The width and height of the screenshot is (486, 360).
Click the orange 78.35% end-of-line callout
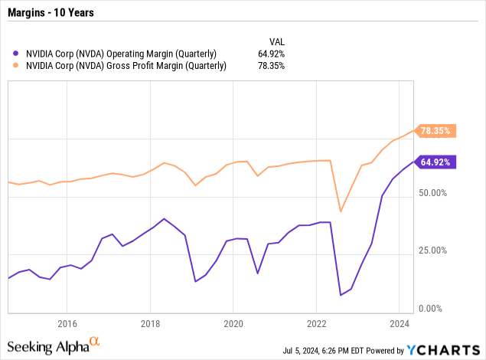click(436, 131)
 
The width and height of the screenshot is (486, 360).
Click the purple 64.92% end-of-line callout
click(436, 162)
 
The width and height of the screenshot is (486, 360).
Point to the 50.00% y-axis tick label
click(434, 192)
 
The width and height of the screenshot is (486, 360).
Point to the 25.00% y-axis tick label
click(434, 250)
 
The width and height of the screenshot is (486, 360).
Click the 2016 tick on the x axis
click(67, 323)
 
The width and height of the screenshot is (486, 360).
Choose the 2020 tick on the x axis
click(233, 323)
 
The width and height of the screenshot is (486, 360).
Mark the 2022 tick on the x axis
click(317, 323)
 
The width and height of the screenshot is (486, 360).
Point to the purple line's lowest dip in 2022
click(341, 295)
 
